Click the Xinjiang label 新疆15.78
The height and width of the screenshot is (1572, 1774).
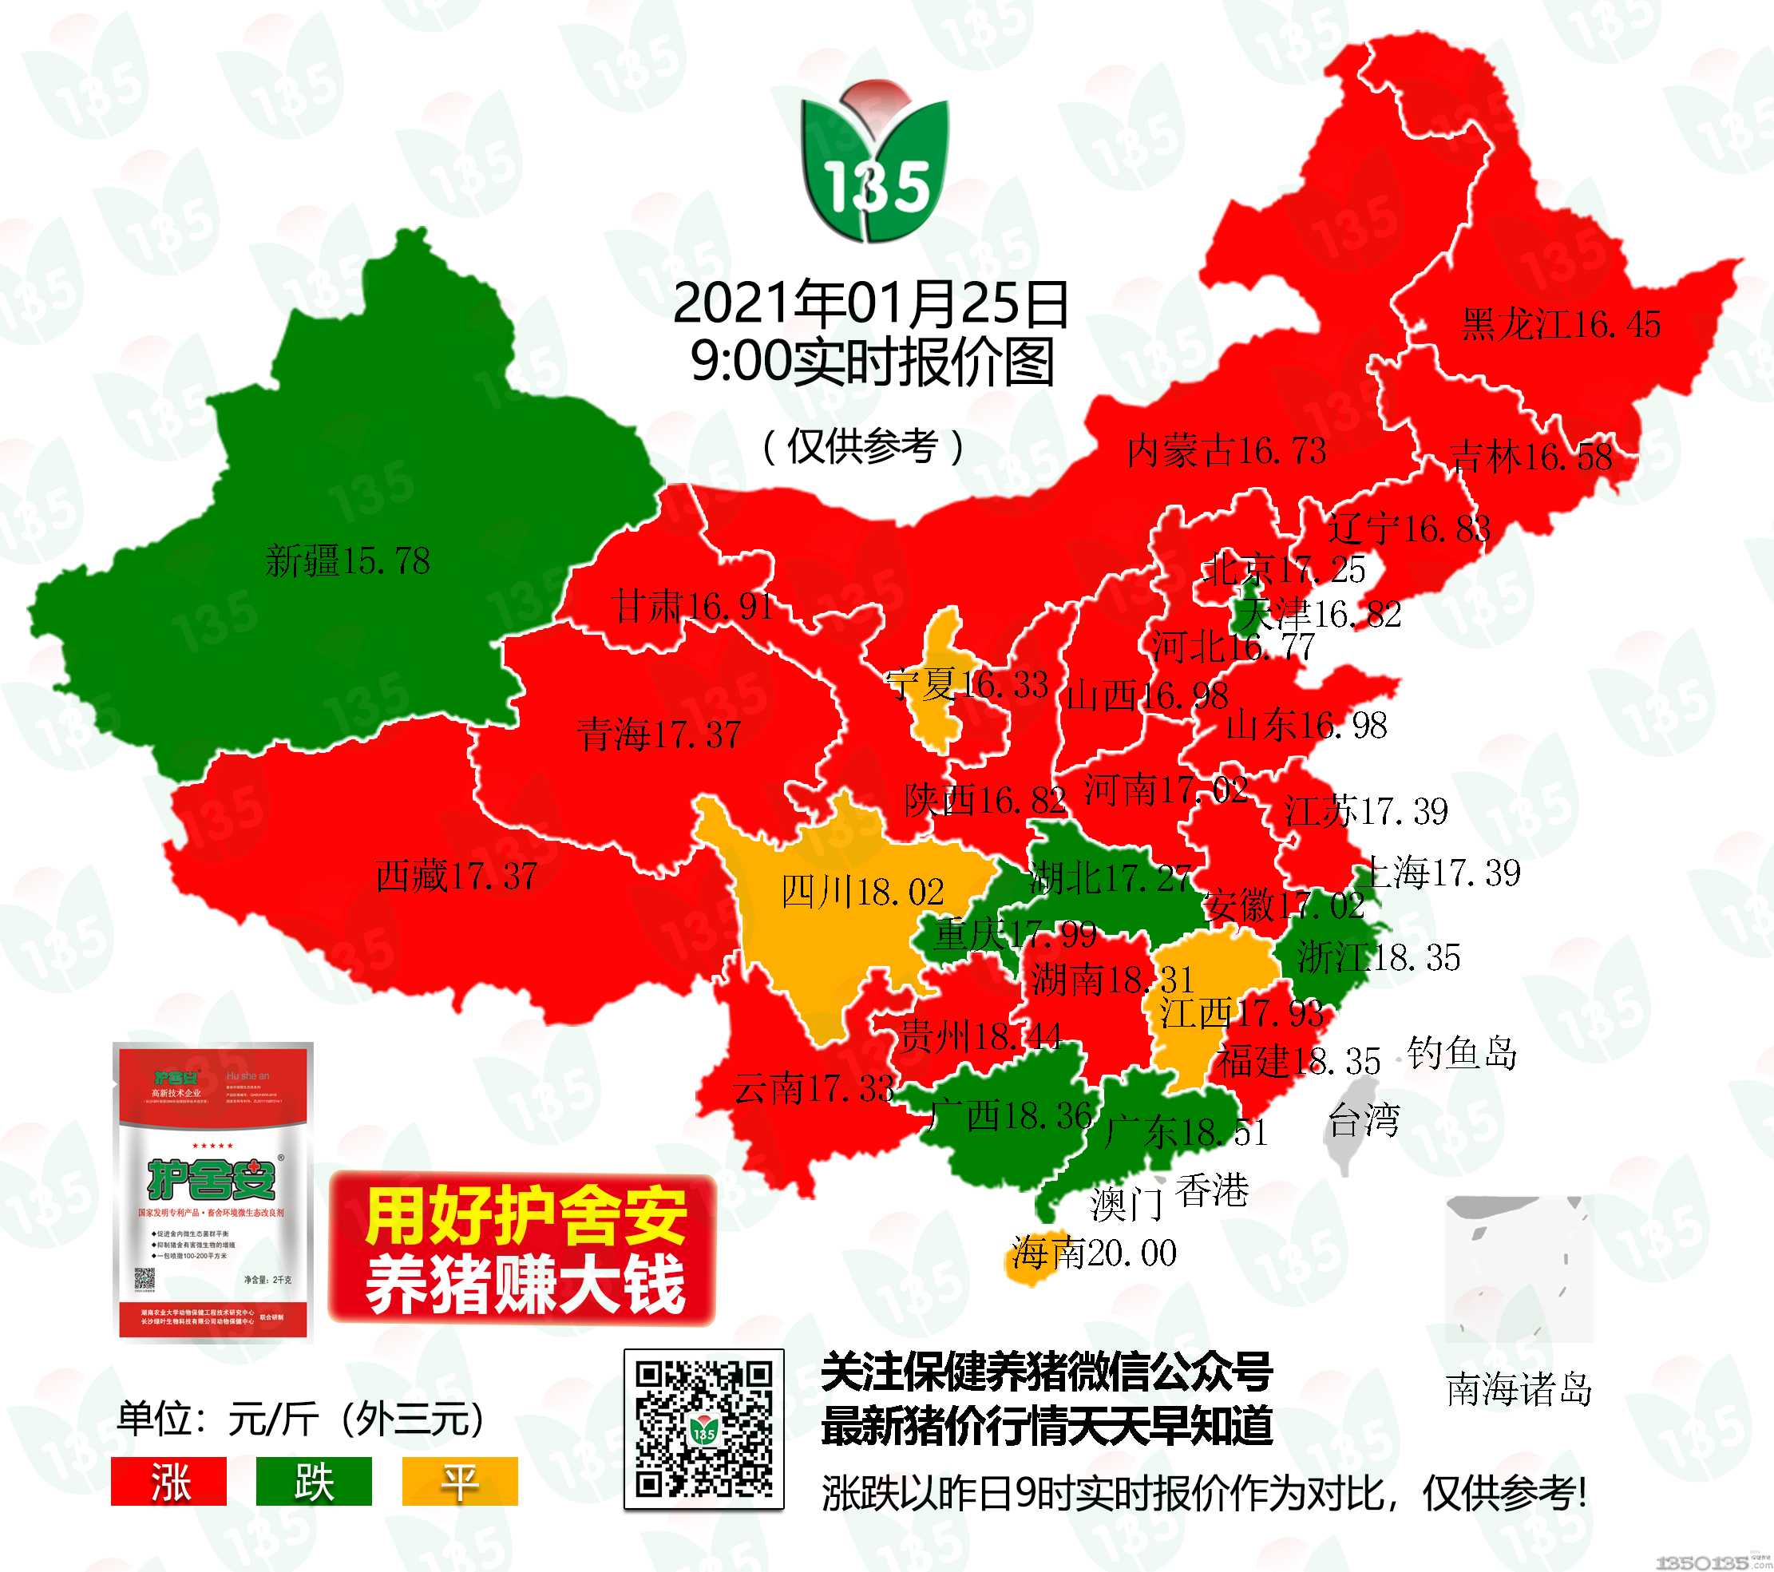(347, 560)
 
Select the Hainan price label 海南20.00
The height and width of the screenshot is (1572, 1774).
(1094, 1253)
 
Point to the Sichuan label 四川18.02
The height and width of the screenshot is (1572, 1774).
(861, 893)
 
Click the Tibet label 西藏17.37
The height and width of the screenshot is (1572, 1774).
(457, 876)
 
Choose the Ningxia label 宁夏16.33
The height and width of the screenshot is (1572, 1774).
(966, 685)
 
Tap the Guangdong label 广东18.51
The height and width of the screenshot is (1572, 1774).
(1186, 1132)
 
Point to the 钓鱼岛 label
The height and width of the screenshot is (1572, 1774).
(1462, 1053)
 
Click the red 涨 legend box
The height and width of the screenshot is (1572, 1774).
(168, 1482)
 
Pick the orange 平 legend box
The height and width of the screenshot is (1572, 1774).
(459, 1482)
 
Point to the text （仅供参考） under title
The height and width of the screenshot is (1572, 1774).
(864, 447)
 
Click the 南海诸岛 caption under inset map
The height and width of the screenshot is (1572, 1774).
(1518, 1390)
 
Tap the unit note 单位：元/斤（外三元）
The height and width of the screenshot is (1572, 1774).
(301, 1420)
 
